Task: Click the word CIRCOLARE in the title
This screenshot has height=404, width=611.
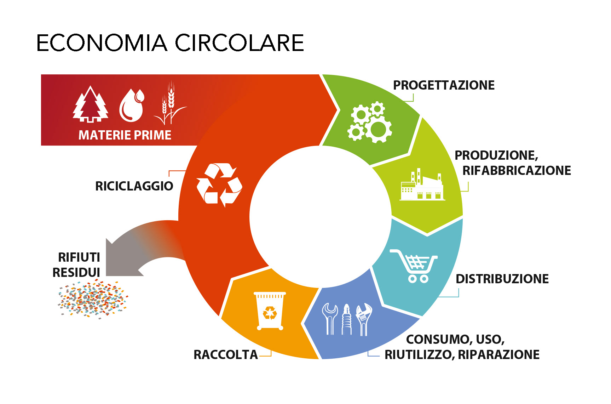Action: [x=240, y=43]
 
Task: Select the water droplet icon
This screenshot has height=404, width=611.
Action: [x=132, y=106]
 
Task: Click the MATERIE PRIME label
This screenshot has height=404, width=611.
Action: [x=125, y=135]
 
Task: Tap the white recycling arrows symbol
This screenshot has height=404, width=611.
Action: [x=219, y=184]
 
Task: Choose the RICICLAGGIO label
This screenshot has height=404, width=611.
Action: [x=134, y=186]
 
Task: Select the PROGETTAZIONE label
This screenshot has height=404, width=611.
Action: [x=444, y=85]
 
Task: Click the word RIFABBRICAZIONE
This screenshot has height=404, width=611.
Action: [x=517, y=171]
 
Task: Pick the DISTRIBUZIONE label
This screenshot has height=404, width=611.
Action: [x=502, y=279]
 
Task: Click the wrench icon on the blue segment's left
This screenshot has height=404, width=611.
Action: [x=330, y=319]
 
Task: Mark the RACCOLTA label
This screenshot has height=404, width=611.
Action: [x=225, y=355]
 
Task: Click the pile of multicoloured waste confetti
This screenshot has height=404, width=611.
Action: [x=93, y=298]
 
